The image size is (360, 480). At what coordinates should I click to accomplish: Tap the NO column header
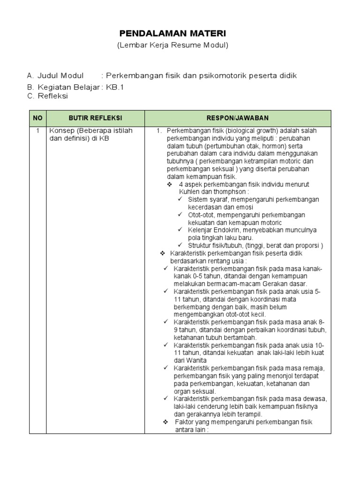click(x=37, y=118)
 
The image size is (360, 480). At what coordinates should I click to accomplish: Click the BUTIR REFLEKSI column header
click(x=95, y=118)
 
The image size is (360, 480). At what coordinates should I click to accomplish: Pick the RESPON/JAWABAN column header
click(x=238, y=118)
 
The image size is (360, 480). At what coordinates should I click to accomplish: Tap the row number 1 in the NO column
click(x=37, y=131)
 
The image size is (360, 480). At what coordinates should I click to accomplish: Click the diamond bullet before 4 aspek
click(x=170, y=184)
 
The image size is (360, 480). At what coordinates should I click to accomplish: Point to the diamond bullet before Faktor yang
click(x=165, y=422)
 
